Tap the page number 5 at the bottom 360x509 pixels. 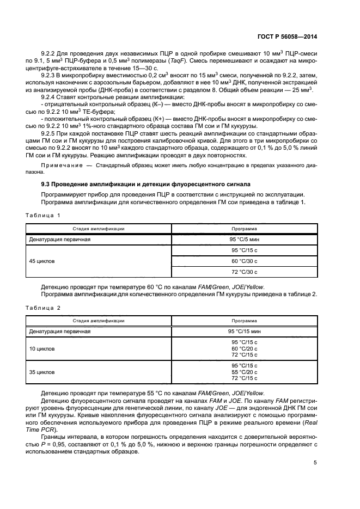(315, 463)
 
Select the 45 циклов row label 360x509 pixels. (42, 261)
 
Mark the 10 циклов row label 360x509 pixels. (42, 348)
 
